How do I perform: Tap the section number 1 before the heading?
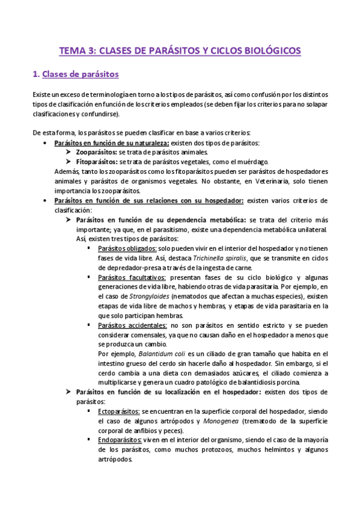[x=35, y=75]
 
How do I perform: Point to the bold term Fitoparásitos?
[x=97, y=162]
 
